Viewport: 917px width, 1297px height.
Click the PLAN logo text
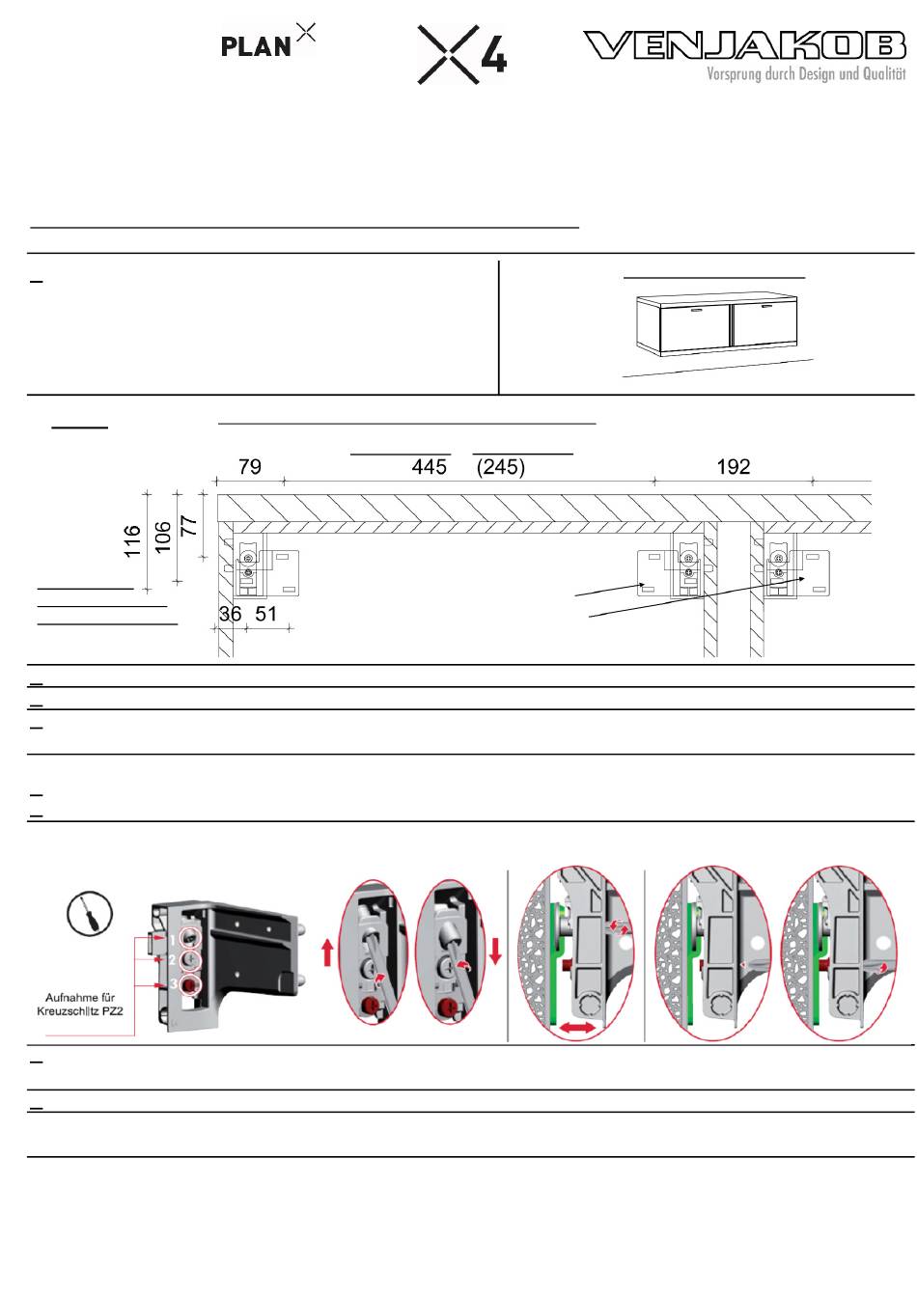(255, 47)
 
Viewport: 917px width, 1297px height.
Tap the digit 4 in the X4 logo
(493, 56)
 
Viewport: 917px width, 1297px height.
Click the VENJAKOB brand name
(744, 45)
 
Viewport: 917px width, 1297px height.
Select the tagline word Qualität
(884, 73)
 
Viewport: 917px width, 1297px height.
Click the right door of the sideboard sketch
(764, 322)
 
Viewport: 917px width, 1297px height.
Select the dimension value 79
(250, 467)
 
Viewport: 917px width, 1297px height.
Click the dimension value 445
(430, 467)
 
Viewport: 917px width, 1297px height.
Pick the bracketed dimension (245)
(501, 467)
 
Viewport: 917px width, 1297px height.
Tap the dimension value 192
(734, 467)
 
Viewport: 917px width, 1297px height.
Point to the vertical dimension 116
(132, 540)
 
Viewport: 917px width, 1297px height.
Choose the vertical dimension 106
(163, 537)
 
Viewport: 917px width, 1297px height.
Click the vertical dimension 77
(189, 526)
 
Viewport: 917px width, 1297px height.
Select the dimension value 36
(230, 614)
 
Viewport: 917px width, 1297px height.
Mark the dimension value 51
(265, 614)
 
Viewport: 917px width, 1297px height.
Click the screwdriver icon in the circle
(90, 914)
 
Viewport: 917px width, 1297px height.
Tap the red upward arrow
(327, 952)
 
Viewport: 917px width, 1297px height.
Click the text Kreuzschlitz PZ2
(80, 1011)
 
